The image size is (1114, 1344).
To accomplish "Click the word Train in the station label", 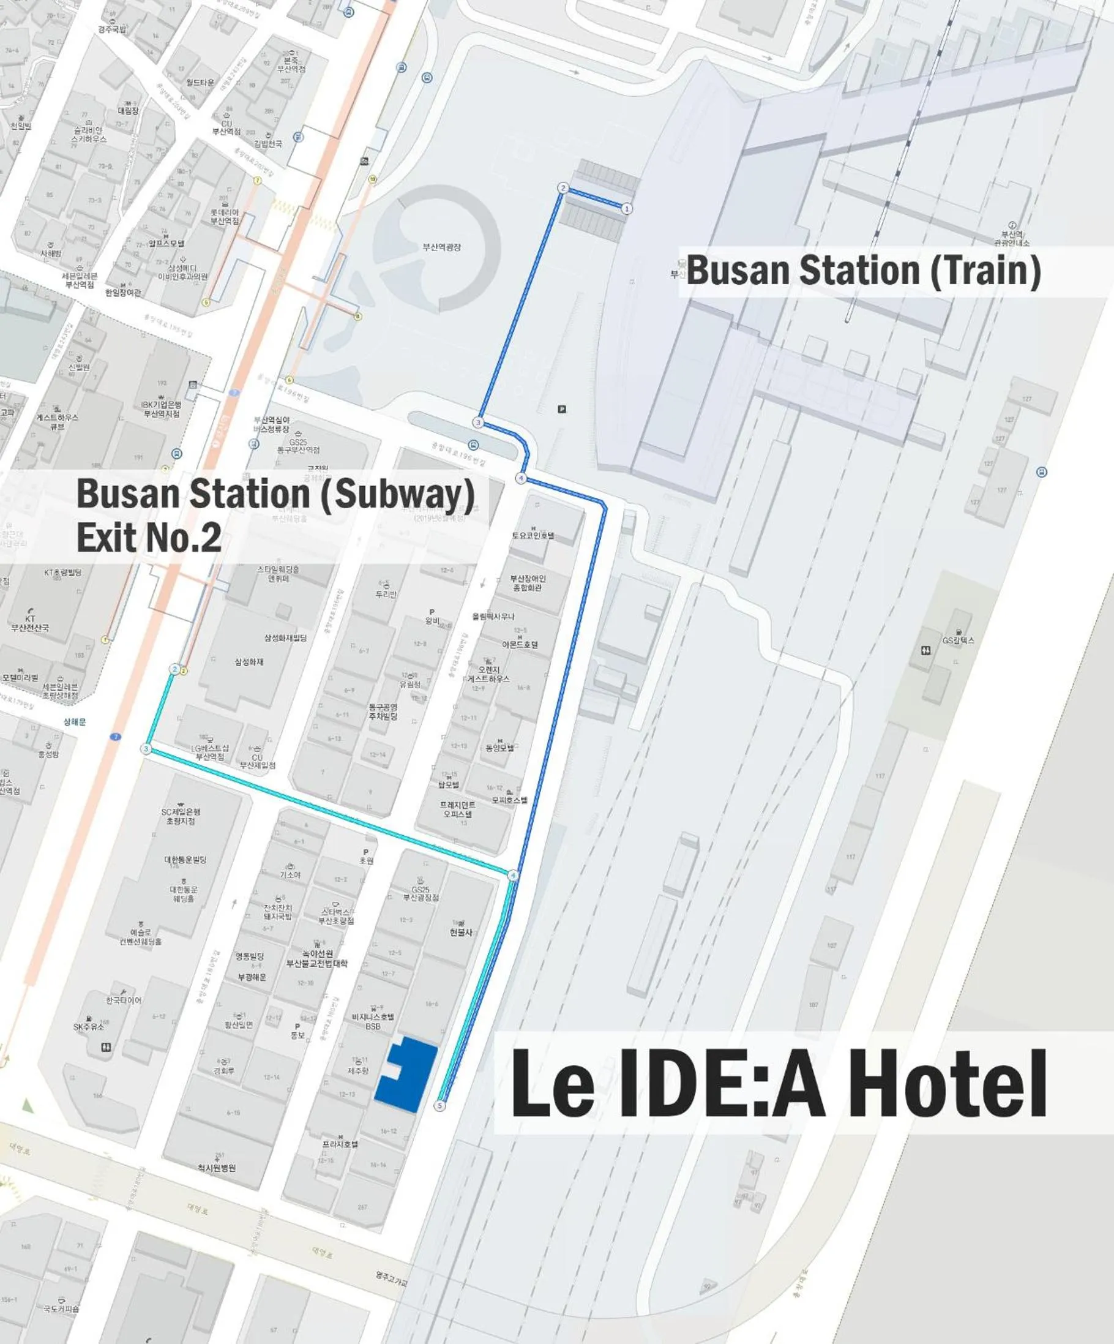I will [985, 270].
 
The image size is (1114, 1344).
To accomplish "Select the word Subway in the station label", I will [396, 494].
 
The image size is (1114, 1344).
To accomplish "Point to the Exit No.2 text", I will [149, 536].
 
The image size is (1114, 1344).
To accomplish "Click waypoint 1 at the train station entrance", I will [627, 209].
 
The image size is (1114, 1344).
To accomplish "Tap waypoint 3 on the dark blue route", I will [477, 422].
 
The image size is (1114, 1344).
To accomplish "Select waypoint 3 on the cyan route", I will [146, 749].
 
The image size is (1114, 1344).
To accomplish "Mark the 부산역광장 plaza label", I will [441, 247].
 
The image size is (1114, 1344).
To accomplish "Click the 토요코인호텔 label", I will [533, 535].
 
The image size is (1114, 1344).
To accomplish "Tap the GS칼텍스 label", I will [958, 640].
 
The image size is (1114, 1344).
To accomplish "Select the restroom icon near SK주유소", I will [107, 1047].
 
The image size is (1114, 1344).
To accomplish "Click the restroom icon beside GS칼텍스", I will [926, 650].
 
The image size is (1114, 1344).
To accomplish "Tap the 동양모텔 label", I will [499, 748].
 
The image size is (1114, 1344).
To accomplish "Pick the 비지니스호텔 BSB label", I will [373, 1021].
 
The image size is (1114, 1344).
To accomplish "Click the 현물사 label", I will [461, 933].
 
